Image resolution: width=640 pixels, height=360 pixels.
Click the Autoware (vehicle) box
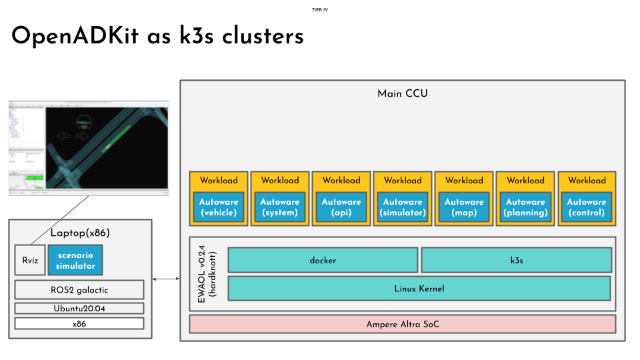point(219,207)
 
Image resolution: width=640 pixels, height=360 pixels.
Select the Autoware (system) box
point(280,207)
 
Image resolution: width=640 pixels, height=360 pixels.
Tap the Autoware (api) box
point(341,207)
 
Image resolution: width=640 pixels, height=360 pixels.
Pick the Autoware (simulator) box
point(403,207)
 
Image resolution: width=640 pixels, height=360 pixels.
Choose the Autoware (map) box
point(464,207)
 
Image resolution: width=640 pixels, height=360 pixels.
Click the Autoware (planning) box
point(525,207)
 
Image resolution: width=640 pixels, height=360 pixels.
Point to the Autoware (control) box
point(587,207)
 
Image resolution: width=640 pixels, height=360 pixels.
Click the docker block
point(323,260)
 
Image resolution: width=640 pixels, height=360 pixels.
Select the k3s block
point(516,260)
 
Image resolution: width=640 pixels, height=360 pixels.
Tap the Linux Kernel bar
point(419,289)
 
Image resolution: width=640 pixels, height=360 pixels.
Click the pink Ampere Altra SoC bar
point(403,324)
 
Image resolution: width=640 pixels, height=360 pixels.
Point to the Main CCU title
point(403,93)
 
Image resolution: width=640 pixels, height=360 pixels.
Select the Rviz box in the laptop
point(29,260)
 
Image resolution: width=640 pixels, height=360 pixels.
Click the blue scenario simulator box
point(75,260)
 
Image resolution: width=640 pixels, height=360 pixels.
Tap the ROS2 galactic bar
point(79,289)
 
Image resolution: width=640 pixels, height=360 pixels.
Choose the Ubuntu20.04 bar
point(79,309)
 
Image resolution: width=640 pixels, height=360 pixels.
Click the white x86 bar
point(79,323)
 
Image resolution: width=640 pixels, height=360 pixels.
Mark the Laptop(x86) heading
point(80,233)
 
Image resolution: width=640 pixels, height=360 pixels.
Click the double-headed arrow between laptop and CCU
point(166,279)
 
